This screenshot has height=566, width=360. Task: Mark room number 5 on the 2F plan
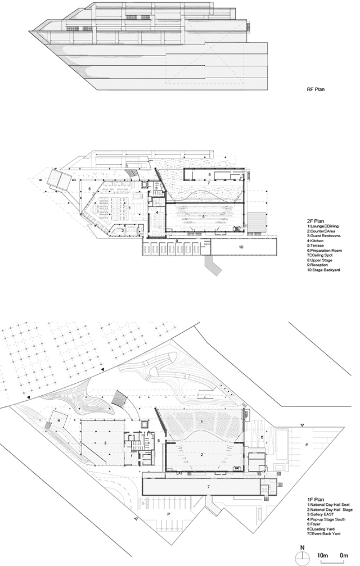89,189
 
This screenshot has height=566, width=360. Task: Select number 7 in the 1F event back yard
208,486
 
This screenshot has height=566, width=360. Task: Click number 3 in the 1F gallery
105,443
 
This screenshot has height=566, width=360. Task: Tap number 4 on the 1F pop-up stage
58,420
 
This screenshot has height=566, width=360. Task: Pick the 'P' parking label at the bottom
168,514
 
